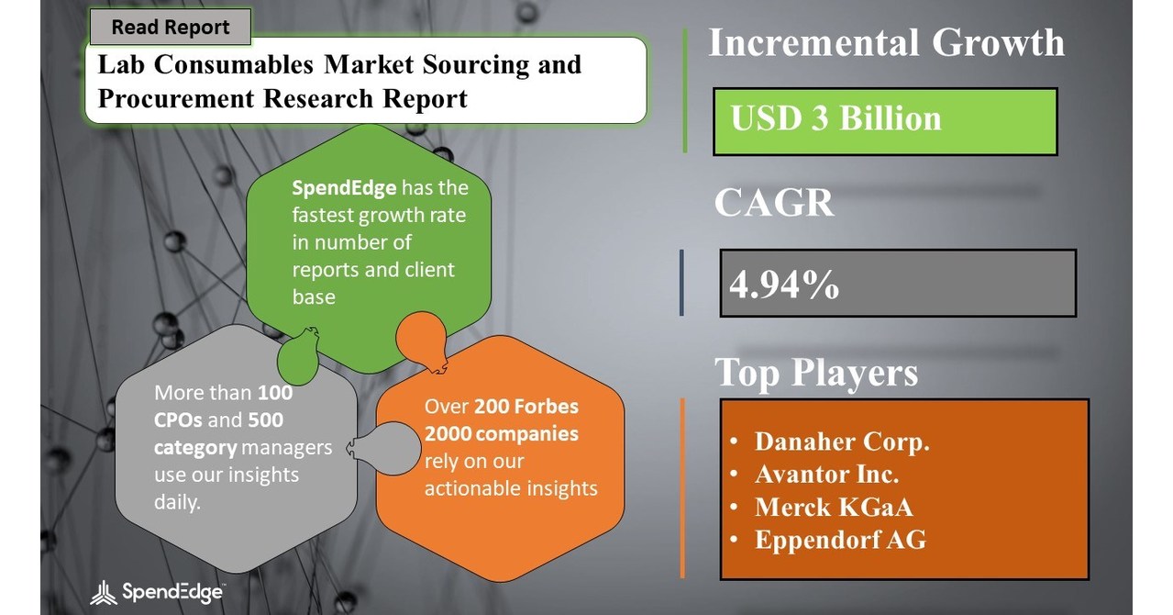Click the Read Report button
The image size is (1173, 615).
click(170, 28)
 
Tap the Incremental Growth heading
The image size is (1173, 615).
click(886, 43)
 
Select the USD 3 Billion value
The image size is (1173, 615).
click(835, 119)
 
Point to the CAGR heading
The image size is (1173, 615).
click(774, 203)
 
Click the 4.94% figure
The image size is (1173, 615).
click(784, 285)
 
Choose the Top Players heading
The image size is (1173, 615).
click(815, 373)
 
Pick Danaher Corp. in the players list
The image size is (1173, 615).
click(842, 442)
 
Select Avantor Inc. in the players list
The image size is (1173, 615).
click(826, 475)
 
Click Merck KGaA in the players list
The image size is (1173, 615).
click(833, 508)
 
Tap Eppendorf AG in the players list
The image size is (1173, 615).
click(840, 540)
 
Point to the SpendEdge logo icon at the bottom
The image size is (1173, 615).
click(105, 593)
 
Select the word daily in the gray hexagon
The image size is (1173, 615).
click(176, 503)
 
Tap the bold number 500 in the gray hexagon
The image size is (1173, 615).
click(265, 420)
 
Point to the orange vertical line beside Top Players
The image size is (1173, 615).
click(682, 486)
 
